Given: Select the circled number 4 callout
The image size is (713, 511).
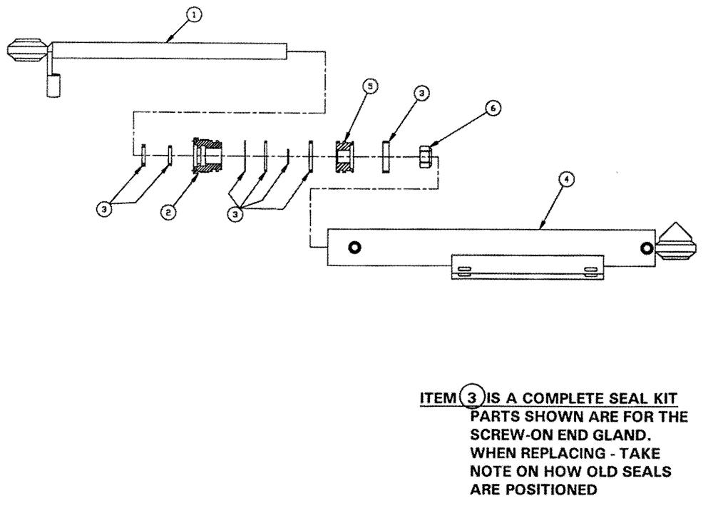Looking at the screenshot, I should [565, 180].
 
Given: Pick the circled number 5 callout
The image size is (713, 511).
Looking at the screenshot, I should [368, 86].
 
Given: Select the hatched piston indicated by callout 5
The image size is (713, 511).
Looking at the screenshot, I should [346, 156].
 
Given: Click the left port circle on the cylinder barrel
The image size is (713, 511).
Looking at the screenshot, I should [354, 247].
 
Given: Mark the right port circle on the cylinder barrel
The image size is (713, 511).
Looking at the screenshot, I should [646, 248].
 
